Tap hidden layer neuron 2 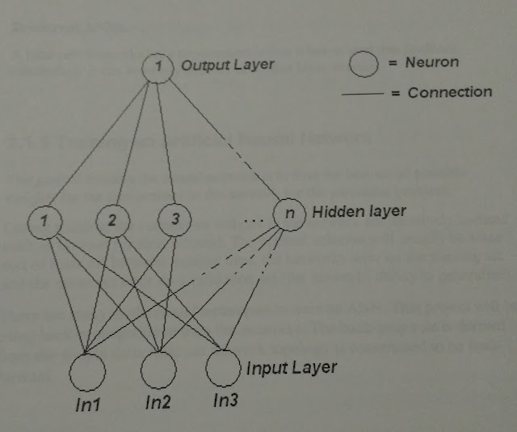tap(112, 219)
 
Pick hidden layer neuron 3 tap(174, 218)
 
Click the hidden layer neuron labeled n tap(288, 214)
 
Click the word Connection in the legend tap(449, 92)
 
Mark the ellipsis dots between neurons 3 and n tap(253, 219)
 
